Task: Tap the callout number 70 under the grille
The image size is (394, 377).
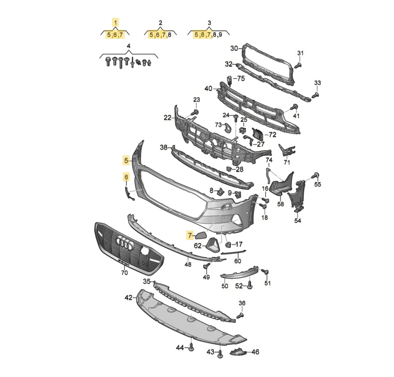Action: click(x=124, y=273)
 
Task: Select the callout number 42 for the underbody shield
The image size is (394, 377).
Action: click(x=128, y=298)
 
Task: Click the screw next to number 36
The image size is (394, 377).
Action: click(x=240, y=315)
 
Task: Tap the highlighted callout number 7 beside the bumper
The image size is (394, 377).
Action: click(x=190, y=235)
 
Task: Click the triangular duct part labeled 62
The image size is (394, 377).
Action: click(x=212, y=245)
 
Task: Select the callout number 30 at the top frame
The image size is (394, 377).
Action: click(x=234, y=49)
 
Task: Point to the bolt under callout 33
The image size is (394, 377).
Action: click(x=315, y=95)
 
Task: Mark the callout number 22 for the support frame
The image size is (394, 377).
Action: click(x=167, y=117)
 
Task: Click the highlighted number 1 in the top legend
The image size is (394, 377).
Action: click(x=115, y=23)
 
